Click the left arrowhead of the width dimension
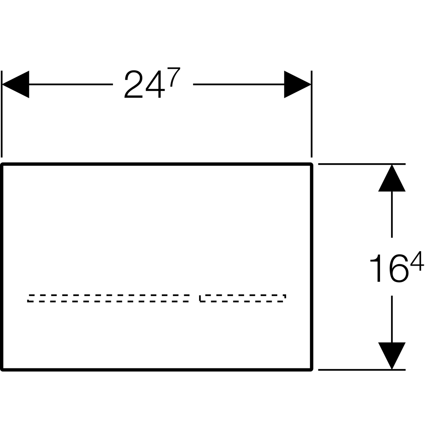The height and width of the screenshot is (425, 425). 16,84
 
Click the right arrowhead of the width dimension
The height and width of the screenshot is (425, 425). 297,84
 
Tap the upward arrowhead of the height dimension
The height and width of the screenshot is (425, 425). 392,178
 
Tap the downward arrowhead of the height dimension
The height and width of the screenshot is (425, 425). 392,356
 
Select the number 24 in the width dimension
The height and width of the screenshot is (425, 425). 145,84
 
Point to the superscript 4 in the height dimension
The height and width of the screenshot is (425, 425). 417,261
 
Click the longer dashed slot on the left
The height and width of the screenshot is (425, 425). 108,298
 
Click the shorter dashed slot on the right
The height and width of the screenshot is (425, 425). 243,298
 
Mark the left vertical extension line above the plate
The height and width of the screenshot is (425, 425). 2,114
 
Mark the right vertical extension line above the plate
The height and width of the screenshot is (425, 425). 311,114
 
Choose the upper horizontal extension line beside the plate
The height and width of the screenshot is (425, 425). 362,164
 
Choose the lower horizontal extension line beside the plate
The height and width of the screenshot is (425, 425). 362,370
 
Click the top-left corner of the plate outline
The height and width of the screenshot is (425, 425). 2,164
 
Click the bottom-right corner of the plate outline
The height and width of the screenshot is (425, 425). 312,370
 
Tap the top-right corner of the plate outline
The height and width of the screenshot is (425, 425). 312,164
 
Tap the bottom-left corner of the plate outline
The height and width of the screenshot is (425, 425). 2,370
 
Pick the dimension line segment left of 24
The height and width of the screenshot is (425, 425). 71,84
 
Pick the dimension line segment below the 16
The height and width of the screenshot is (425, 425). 392,319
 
